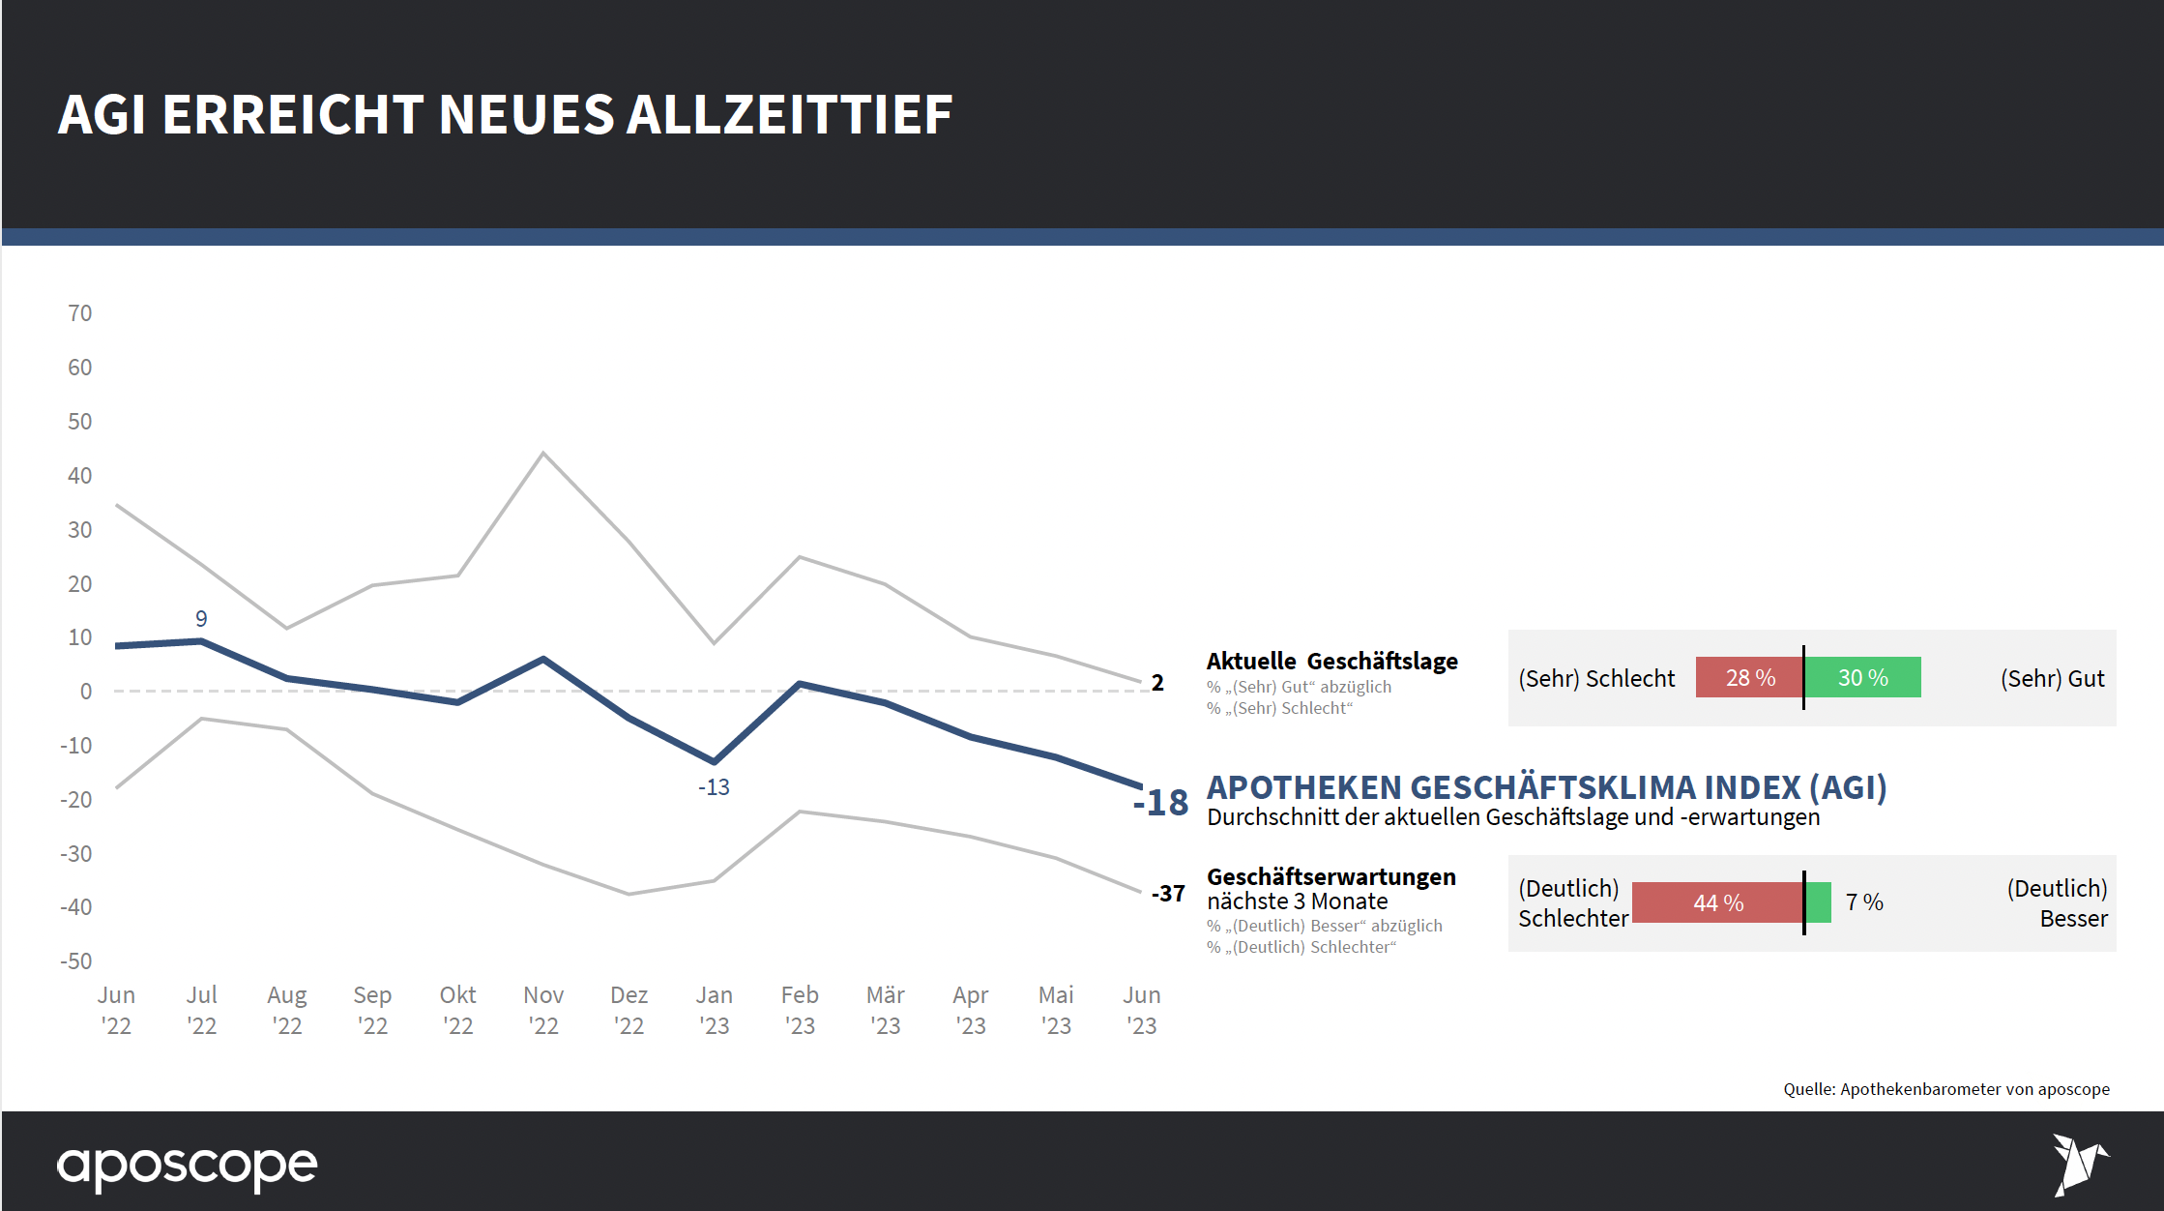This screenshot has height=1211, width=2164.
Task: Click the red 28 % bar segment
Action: click(1748, 677)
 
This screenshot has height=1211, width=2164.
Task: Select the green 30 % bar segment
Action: click(1863, 677)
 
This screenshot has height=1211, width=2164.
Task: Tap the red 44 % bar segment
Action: click(1717, 902)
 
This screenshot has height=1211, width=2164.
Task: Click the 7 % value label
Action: click(1864, 902)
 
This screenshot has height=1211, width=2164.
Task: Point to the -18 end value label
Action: click(1161, 803)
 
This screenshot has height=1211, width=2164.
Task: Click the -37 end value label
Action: click(1168, 894)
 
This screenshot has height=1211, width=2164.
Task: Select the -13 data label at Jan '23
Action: click(714, 787)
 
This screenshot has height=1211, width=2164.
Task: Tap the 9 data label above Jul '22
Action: click(201, 619)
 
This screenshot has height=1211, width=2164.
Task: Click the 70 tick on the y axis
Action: click(80, 313)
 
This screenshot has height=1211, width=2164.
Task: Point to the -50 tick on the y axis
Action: click(76, 961)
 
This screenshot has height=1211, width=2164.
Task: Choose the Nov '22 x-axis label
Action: click(543, 1010)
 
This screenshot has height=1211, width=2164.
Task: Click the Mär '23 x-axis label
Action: click(885, 1010)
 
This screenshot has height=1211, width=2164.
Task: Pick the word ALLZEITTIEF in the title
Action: click(789, 114)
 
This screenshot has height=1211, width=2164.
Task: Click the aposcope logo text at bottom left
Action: click(187, 1167)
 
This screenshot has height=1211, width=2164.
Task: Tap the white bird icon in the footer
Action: click(2079, 1163)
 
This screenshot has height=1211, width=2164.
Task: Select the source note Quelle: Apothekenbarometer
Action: click(1945, 1089)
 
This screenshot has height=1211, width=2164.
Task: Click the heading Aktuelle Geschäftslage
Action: click(1331, 662)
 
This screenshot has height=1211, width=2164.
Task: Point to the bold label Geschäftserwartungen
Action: click(1331, 877)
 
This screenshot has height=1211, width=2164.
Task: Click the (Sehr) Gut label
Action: click(2052, 679)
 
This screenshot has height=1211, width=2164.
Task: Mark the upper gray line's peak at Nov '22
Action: click(543, 453)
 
